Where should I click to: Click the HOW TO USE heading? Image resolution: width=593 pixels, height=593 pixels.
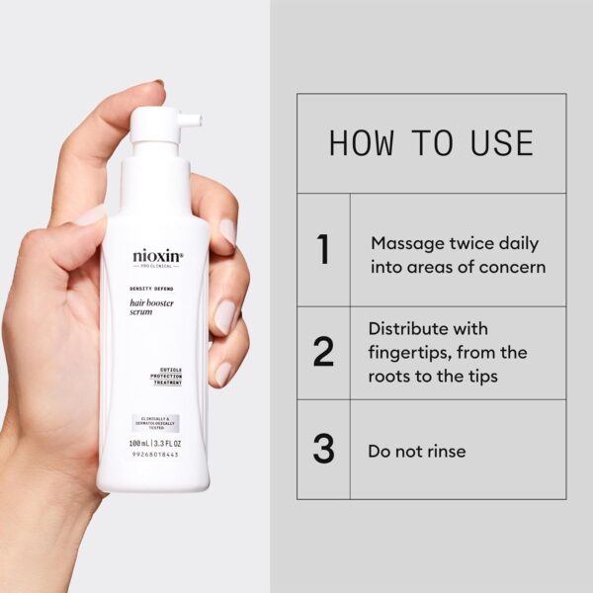tap(431, 143)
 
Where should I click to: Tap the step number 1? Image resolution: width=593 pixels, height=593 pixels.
tap(323, 250)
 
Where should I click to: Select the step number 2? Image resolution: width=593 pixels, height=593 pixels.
tap(323, 353)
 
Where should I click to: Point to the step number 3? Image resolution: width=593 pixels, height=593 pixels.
tap(323, 449)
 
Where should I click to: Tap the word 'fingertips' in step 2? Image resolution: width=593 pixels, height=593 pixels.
tap(413, 353)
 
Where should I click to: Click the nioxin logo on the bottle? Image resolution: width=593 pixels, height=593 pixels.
tap(158, 256)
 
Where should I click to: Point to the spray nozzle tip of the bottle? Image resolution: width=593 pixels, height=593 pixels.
tap(198, 121)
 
